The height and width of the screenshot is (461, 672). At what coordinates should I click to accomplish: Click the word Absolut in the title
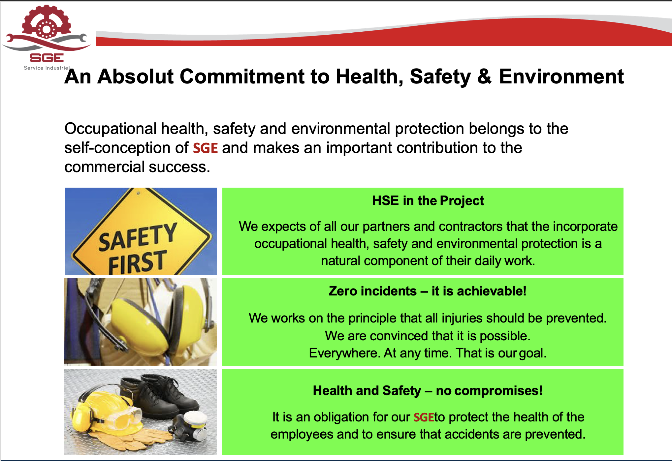[x=135, y=77]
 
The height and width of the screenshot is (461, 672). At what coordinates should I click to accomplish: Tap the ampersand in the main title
[x=484, y=77]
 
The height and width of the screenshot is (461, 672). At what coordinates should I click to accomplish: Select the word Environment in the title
[x=561, y=77]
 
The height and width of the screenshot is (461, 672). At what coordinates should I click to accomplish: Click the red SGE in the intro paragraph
[x=205, y=148]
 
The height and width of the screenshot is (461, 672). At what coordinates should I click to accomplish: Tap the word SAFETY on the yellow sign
[x=138, y=236]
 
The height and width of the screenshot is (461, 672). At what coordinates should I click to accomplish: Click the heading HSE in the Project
[x=428, y=201]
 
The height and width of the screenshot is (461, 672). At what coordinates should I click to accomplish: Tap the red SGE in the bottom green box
[x=424, y=417]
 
